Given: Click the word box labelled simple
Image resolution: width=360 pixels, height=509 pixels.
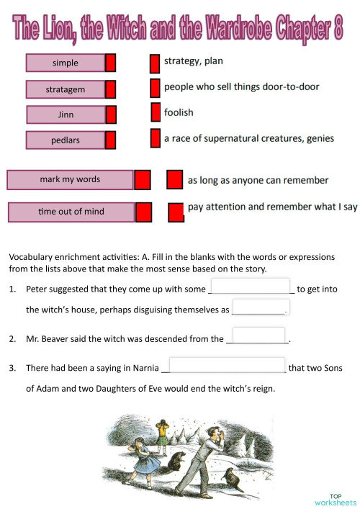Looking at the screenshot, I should click(x=66, y=63).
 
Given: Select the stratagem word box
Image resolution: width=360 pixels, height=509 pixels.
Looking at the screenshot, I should click(x=66, y=89).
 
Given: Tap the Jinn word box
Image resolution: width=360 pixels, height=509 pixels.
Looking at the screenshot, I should click(x=66, y=114).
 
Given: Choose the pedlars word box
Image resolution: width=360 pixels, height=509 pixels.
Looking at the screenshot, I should click(x=66, y=140).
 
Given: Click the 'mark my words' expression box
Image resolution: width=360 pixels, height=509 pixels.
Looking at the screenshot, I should click(x=70, y=179).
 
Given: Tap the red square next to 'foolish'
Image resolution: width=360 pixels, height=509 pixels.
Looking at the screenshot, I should click(x=156, y=112).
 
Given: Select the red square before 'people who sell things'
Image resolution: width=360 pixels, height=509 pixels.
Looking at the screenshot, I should click(x=155, y=88).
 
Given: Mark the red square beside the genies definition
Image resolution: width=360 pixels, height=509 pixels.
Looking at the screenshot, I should click(x=155, y=138).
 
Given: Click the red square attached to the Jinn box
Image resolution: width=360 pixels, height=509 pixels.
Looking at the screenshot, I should click(x=111, y=115).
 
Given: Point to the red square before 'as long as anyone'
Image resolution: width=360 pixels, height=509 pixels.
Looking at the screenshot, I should click(x=174, y=180).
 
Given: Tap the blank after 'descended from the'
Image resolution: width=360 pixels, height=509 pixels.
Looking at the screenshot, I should click(x=259, y=336).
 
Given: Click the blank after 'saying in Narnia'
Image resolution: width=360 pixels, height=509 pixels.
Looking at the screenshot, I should click(x=227, y=366).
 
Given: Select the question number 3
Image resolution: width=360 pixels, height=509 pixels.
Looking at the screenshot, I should click(x=12, y=368).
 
